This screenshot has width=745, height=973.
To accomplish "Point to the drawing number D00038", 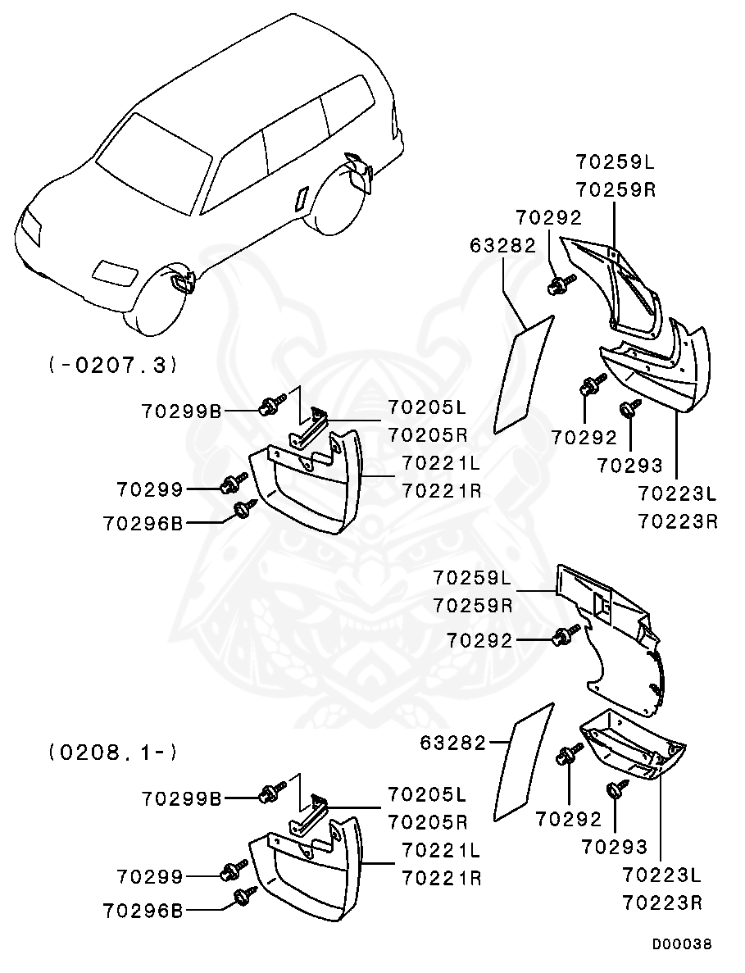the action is pos(682,944).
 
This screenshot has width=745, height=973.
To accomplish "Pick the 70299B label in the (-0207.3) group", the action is pos(182,411).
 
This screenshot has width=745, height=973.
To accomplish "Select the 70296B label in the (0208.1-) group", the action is pos(144,911).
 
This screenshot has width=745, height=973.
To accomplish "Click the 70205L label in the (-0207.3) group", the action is pos(428,407).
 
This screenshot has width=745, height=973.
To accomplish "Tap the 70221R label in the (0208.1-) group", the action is pos(442,878).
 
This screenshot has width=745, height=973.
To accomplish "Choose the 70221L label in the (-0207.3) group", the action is pos(442,463).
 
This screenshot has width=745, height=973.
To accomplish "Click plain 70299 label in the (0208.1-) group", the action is pos(150,876).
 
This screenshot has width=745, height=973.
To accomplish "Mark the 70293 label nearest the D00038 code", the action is pos(615,847).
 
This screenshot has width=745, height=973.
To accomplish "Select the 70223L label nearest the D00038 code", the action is pos(662,875).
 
